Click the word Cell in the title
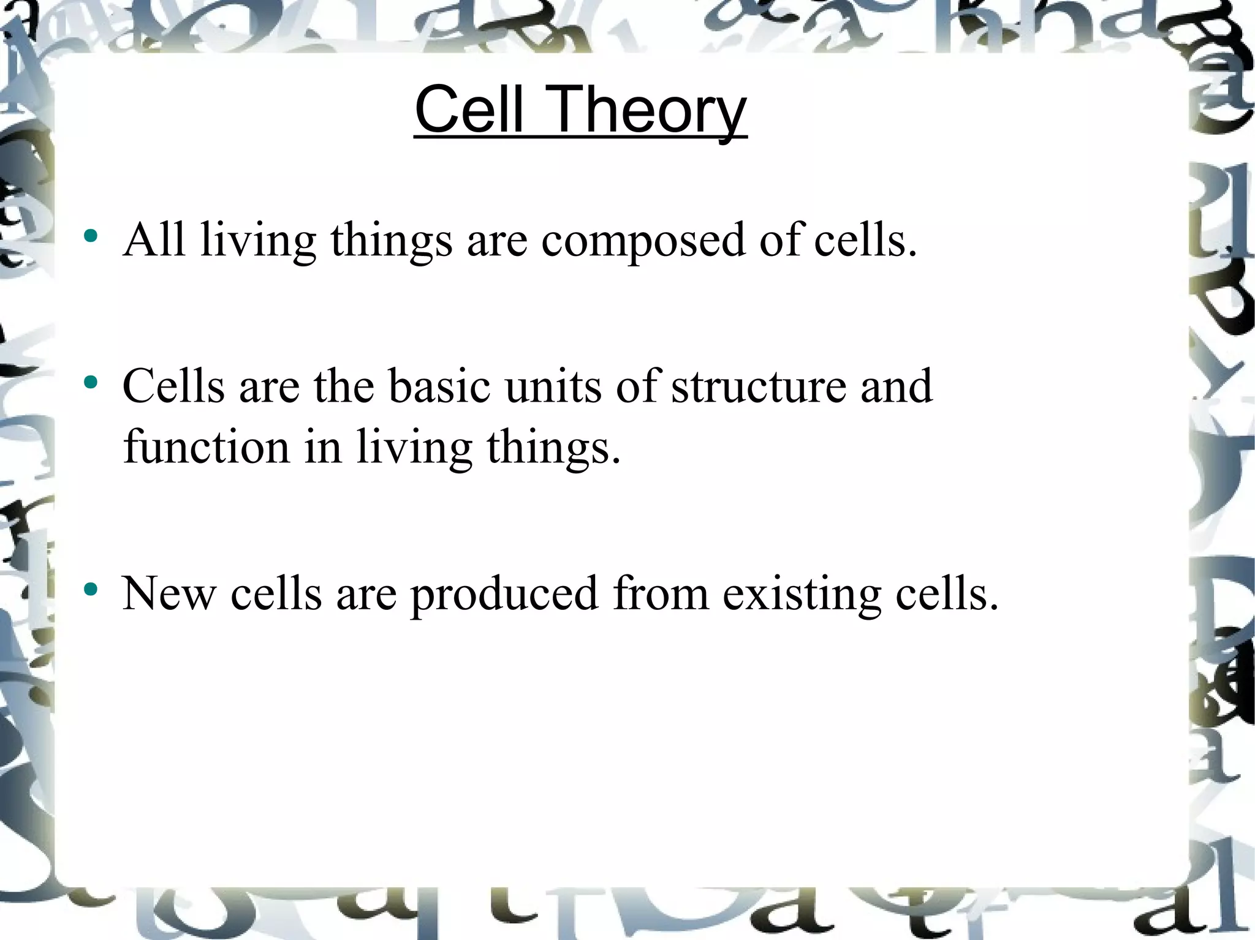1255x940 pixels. coord(469,110)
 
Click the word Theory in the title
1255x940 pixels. coord(649,111)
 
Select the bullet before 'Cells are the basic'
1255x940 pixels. coord(91,383)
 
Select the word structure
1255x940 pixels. coord(758,386)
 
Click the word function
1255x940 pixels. coord(206,447)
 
